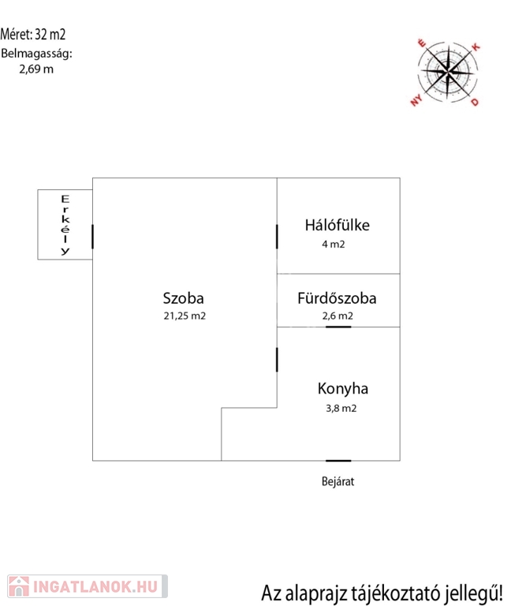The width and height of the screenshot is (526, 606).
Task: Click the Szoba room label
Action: click(184, 298)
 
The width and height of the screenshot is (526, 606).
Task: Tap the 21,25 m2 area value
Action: click(185, 316)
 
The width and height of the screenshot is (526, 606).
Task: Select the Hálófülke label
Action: click(338, 226)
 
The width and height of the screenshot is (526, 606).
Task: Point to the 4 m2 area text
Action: click(334, 245)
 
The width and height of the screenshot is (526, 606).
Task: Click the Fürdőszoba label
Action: click(337, 298)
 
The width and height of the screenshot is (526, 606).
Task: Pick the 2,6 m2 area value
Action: click(338, 316)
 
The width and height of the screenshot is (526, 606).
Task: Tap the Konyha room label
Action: click(343, 389)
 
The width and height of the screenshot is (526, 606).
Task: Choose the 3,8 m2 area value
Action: click(341, 409)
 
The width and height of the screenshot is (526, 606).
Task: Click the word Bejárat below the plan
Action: click(338, 481)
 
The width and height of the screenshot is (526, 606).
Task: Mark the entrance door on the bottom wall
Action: click(338, 461)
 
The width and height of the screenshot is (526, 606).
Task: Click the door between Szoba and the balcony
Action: click(93, 237)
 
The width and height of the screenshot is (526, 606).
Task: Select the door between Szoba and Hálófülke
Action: click(277, 237)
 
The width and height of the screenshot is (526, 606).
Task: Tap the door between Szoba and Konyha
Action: click(277, 360)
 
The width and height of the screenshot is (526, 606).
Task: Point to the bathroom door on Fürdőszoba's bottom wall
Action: click(338, 327)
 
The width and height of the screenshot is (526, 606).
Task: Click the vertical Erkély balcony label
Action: click(65, 226)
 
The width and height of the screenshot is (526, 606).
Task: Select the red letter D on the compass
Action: click(475, 102)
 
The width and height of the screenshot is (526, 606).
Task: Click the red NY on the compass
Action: click(416, 101)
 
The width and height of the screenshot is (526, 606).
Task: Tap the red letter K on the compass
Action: click(476, 47)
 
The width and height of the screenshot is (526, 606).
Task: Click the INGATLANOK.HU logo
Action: click(88, 586)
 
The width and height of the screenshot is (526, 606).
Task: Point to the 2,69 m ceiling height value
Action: click(36, 69)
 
